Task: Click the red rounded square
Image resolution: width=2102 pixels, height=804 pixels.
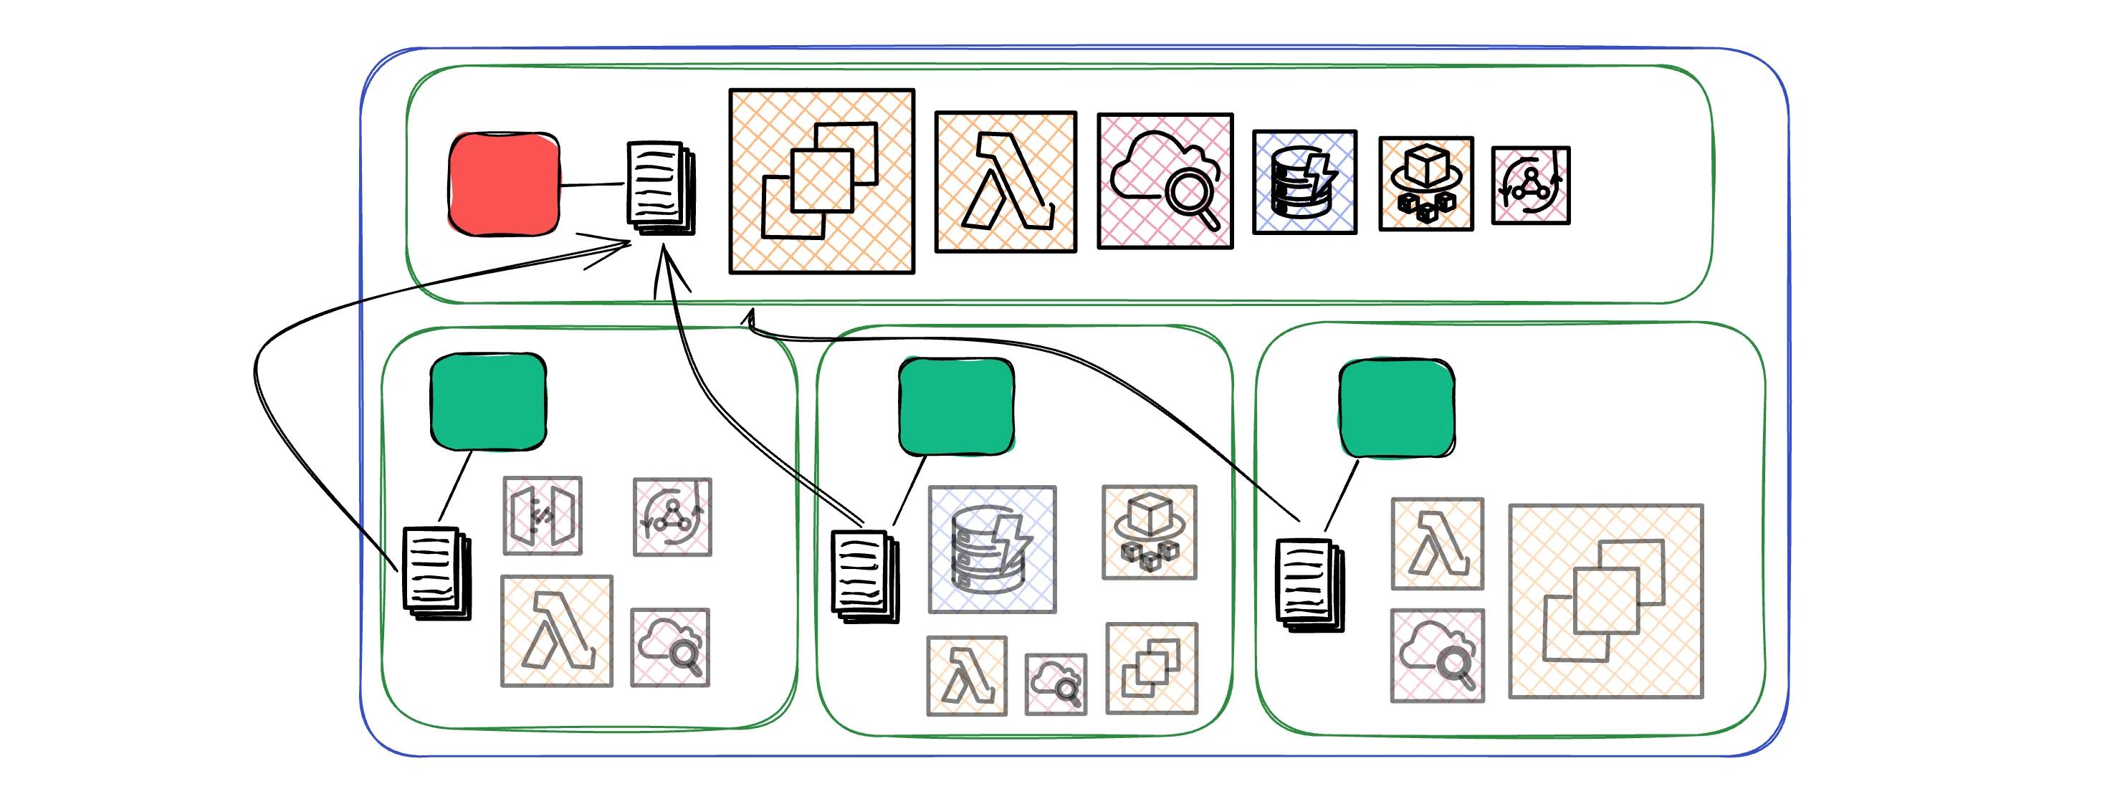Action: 505,184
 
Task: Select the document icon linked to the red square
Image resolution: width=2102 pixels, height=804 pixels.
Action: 660,188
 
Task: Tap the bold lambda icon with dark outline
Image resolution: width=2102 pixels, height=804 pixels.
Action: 1005,182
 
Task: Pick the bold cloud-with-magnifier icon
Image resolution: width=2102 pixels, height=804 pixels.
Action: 1165,181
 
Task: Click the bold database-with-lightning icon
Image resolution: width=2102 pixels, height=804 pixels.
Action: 1304,182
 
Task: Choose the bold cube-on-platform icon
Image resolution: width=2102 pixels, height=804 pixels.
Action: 1425,183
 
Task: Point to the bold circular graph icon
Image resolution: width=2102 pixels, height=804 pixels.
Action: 1530,186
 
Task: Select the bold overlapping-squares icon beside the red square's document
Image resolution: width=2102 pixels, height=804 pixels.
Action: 821,181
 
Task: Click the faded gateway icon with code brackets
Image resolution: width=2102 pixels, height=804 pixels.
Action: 543,516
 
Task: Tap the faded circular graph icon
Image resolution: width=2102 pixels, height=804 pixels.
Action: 672,517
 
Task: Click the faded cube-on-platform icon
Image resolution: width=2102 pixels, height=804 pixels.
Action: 1149,532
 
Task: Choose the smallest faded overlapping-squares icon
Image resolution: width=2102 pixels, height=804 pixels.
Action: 1152,668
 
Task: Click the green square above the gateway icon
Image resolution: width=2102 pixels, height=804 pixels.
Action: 488,401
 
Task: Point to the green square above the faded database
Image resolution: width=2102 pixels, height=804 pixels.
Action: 956,406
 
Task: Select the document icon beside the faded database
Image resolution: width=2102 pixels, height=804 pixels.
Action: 864,575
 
